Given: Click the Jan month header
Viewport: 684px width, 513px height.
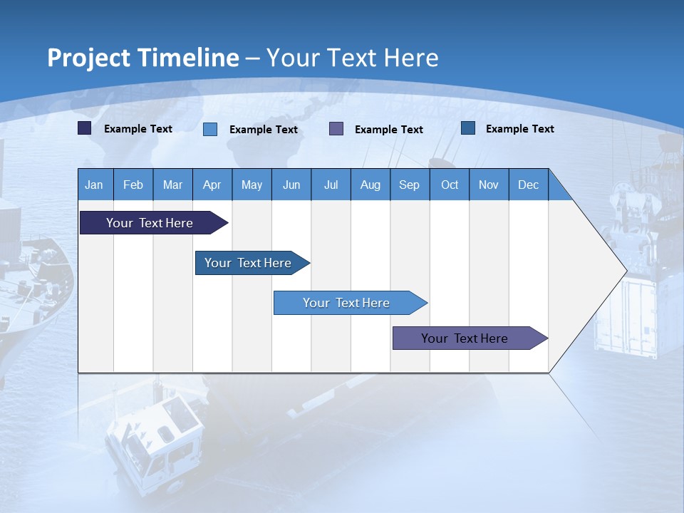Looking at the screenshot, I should (94, 185).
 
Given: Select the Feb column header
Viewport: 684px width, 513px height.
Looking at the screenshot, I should (133, 185).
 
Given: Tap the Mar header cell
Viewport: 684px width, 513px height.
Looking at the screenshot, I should (172, 185).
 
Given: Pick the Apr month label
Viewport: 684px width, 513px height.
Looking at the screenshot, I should (212, 185).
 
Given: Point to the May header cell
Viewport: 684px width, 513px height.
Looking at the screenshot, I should (252, 185).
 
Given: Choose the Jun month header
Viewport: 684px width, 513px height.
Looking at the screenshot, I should (291, 185).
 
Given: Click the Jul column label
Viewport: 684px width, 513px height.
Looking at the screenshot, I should (331, 185).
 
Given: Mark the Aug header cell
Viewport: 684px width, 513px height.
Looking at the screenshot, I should (370, 185).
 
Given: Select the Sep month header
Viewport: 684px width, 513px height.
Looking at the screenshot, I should (410, 185).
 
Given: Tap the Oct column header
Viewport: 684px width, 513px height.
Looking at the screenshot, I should (450, 185).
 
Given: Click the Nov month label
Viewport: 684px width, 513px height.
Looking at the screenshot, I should (489, 185).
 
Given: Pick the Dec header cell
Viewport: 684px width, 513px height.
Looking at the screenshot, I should (529, 185).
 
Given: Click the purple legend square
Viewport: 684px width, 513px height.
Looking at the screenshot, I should (336, 129).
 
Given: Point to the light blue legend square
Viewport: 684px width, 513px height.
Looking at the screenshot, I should (210, 129).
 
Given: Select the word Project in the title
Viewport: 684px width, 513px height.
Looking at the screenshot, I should (89, 58).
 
